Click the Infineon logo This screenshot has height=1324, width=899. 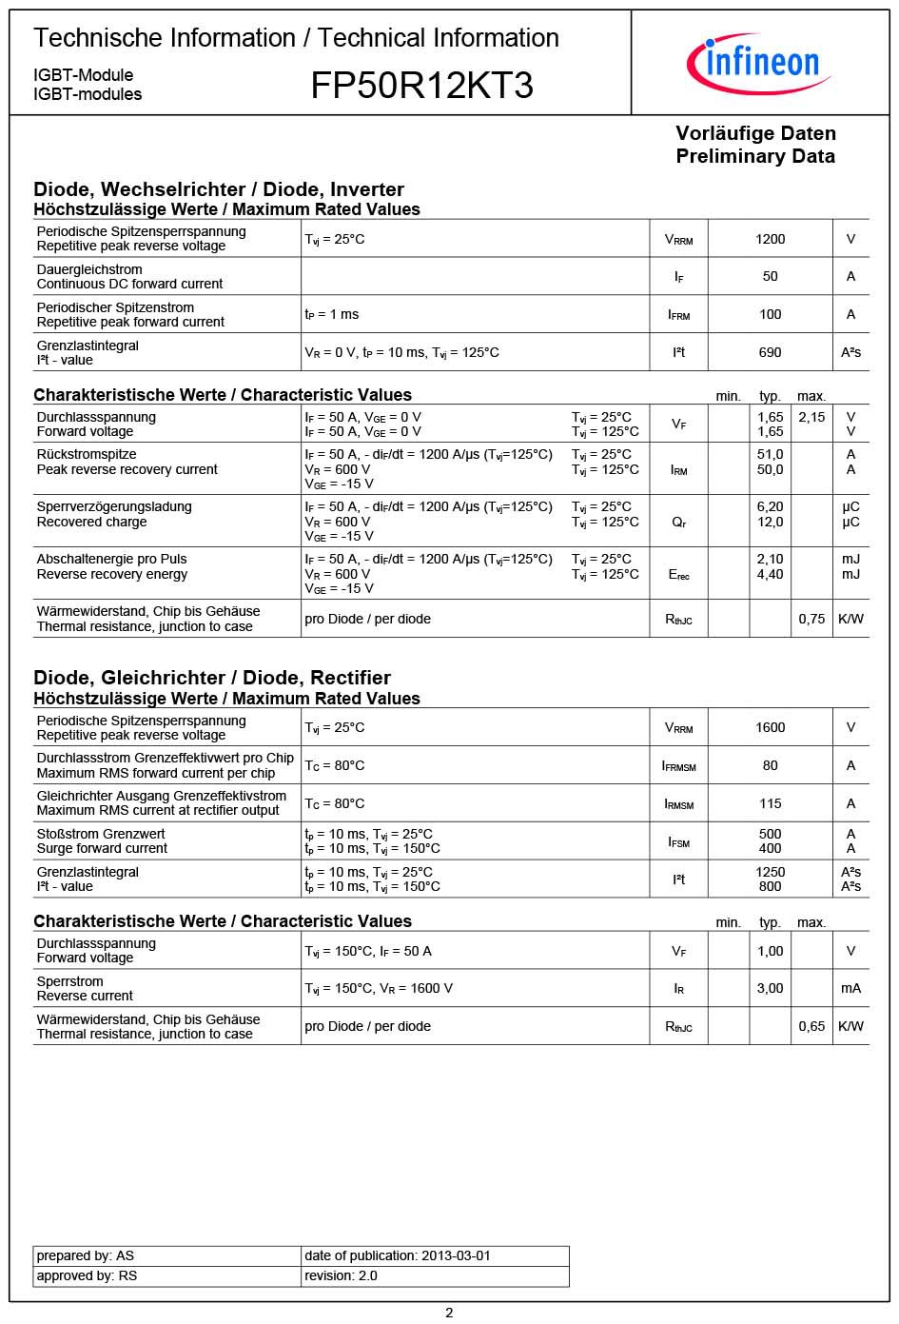click(x=759, y=63)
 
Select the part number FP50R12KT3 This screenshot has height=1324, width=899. click(x=421, y=86)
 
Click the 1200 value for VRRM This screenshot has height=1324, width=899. click(x=770, y=239)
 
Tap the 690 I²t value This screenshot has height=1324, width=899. click(x=770, y=352)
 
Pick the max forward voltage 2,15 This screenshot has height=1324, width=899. click(x=811, y=417)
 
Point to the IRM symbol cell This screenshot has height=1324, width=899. click(x=678, y=469)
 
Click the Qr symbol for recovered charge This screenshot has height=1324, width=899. click(x=678, y=523)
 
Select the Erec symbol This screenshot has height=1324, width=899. click(x=678, y=575)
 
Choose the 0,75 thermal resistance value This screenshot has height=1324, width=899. click(x=811, y=619)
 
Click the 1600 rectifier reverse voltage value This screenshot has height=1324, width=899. click(x=770, y=727)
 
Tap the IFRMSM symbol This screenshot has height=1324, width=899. click(x=678, y=765)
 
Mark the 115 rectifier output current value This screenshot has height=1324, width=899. click(x=770, y=803)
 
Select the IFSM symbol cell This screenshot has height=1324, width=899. click(x=678, y=841)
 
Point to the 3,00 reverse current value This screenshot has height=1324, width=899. click(x=770, y=988)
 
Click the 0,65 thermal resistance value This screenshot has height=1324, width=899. click(x=811, y=1026)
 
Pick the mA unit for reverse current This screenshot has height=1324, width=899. click(x=850, y=988)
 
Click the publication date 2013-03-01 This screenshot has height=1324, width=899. click(x=455, y=1255)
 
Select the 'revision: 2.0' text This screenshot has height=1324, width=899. click(x=341, y=1275)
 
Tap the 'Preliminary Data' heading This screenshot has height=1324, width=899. click(x=755, y=156)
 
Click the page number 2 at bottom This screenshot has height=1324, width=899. click(x=449, y=1313)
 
